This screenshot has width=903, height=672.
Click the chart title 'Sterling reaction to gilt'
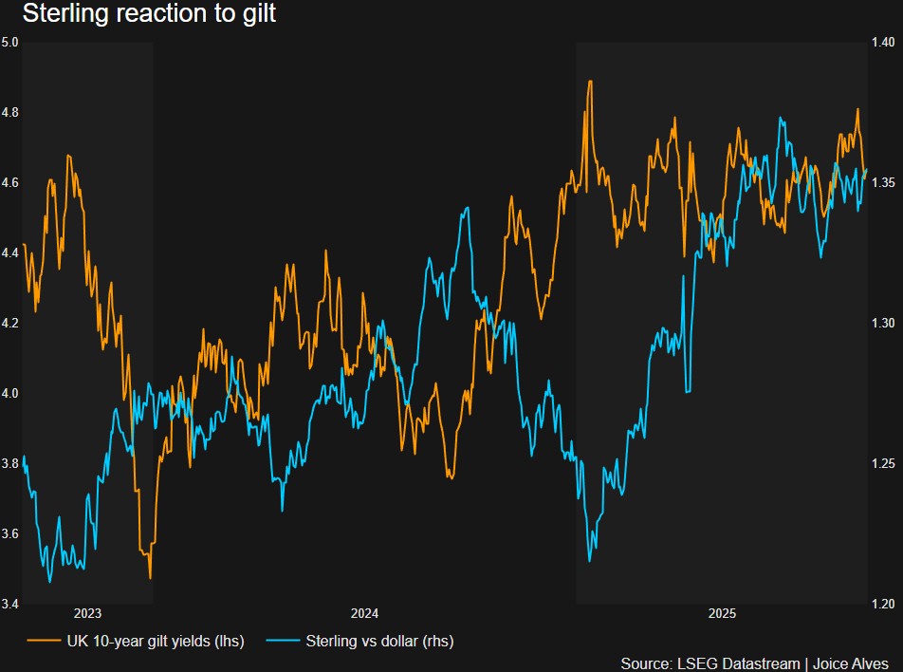tap(148, 15)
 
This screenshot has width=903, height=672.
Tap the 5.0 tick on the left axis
tap(10, 43)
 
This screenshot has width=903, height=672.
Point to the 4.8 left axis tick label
tap(10, 113)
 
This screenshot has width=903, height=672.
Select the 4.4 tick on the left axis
tap(10, 252)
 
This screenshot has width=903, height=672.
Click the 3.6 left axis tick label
tap(10, 533)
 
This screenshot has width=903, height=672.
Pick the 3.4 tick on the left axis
tap(10, 604)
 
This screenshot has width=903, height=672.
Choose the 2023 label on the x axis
tap(87, 613)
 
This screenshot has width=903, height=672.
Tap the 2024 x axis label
tap(364, 613)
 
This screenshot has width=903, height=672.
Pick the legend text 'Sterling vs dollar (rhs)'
tap(379, 642)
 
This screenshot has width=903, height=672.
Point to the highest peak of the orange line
tap(590, 82)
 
